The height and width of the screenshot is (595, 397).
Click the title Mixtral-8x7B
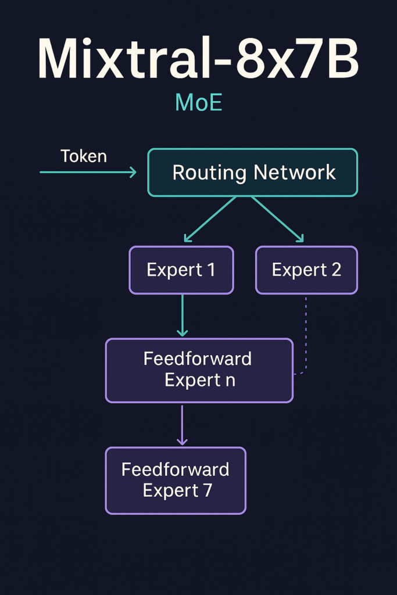pyautogui.click(x=198, y=60)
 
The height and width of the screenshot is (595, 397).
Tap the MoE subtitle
pyautogui.click(x=199, y=103)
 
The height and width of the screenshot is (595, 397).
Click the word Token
pyautogui.click(x=84, y=156)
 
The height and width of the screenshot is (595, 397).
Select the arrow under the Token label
pyautogui.click(x=87, y=172)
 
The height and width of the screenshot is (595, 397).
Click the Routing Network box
pyautogui.click(x=253, y=172)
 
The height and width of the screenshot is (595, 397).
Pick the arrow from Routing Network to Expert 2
pyautogui.click(x=277, y=219)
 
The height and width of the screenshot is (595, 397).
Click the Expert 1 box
pyautogui.click(x=181, y=270)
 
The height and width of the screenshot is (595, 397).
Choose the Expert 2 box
pyautogui.click(x=306, y=270)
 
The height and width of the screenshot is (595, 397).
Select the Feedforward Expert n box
pyautogui.click(x=199, y=370)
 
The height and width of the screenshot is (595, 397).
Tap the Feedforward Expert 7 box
pyautogui.click(x=176, y=480)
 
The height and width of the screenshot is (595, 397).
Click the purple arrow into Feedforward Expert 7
pyautogui.click(x=183, y=424)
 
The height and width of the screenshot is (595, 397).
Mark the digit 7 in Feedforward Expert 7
pyautogui.click(x=208, y=490)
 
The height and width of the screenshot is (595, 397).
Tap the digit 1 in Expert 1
pyautogui.click(x=210, y=270)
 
